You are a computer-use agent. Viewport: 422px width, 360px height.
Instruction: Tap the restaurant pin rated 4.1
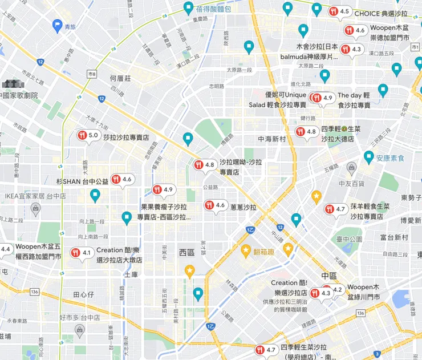point(81,252)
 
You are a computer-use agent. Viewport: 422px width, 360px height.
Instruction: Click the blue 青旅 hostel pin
point(56,25)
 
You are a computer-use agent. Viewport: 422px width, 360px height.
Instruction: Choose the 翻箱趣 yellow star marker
point(246,249)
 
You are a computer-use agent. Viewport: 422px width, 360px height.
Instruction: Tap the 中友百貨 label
point(351,183)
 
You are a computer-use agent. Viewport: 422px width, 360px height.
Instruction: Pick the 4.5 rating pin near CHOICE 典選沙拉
point(339,11)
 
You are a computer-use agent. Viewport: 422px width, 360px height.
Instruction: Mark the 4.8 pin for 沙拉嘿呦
point(204,165)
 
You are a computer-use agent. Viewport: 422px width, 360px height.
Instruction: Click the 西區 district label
point(187,252)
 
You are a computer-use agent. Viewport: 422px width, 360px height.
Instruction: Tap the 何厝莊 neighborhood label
point(121,79)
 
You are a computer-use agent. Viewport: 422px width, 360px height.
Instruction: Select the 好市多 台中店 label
point(80,317)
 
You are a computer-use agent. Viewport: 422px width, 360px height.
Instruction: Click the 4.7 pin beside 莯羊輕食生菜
point(335,209)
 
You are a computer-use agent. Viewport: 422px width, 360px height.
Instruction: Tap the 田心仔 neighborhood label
point(84,294)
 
